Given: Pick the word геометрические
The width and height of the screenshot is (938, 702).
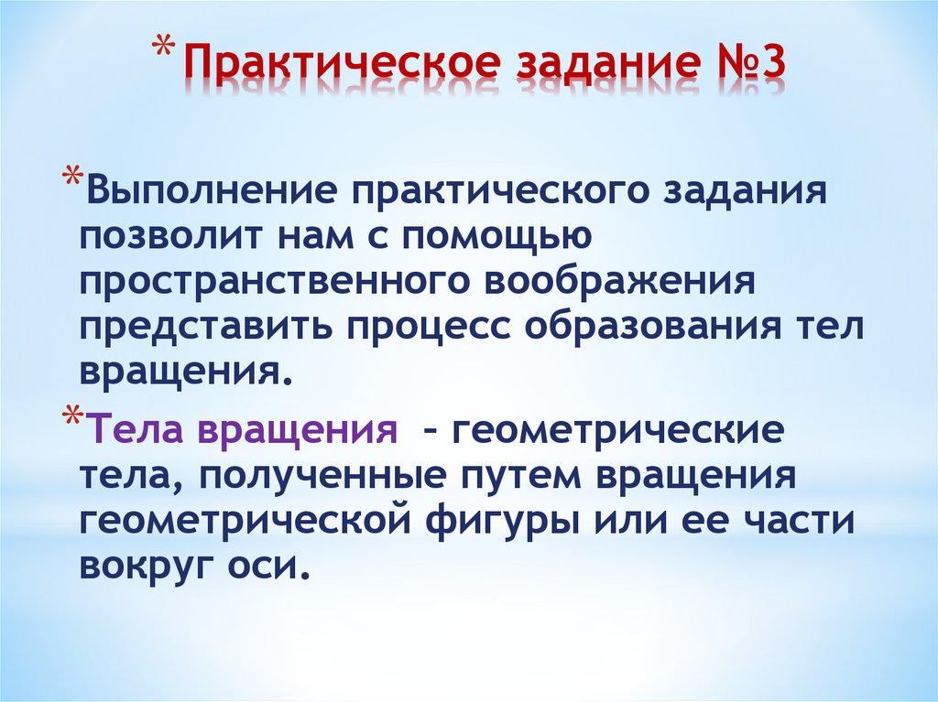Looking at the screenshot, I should pyautogui.click(x=616, y=428).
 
